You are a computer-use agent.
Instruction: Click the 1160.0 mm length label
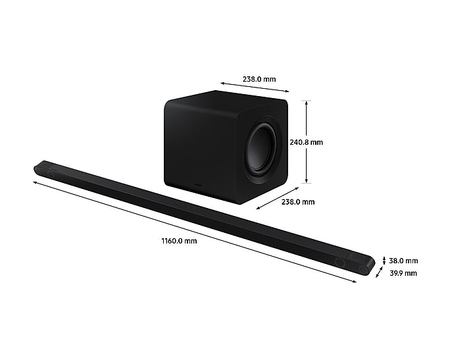point(179,241)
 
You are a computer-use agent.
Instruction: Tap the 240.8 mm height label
point(306,141)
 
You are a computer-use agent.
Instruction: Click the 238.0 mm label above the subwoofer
point(255,79)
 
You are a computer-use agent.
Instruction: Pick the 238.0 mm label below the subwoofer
point(298,202)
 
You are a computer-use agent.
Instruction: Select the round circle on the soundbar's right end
point(339,261)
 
